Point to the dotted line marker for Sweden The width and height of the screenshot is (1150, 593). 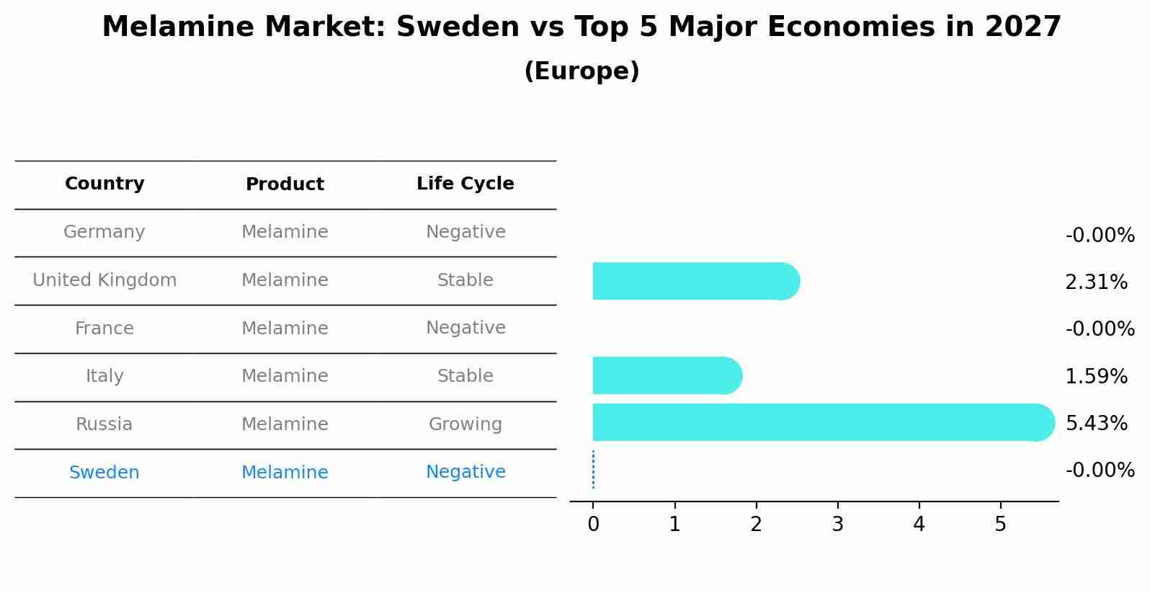(593, 470)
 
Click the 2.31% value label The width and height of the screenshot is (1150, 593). (1096, 282)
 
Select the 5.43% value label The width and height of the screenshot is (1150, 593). (1096, 423)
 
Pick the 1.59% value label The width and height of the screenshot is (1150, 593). (1096, 376)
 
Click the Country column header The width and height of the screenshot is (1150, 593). (104, 184)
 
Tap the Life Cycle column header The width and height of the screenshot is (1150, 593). (465, 184)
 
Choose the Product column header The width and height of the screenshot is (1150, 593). (285, 184)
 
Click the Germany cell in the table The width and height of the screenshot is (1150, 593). (104, 232)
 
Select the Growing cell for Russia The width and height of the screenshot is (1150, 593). (465, 424)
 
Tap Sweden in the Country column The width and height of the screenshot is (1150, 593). (104, 473)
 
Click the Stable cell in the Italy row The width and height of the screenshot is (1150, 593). (465, 376)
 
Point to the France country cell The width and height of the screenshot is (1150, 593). (104, 329)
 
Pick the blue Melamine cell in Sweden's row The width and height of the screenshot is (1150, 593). (285, 473)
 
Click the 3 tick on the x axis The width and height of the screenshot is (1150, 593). (837, 525)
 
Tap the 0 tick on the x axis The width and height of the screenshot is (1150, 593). (593, 525)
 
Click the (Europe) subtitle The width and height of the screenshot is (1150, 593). (581, 71)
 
